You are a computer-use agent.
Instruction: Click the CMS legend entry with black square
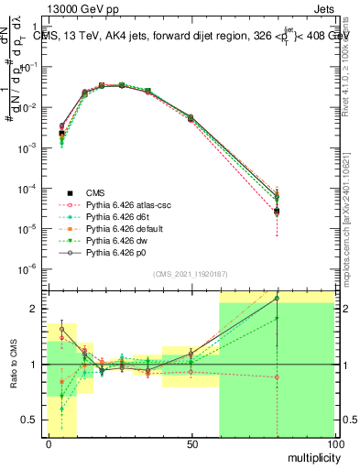95,192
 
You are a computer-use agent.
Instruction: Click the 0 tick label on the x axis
49,443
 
